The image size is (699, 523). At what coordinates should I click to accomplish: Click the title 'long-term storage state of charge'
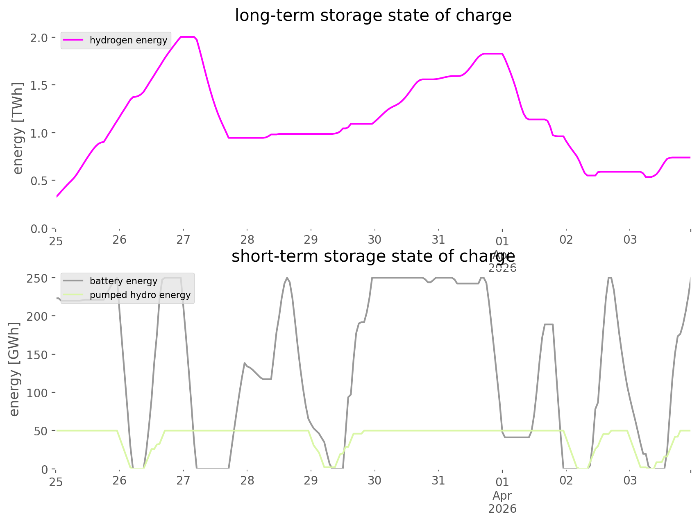373,16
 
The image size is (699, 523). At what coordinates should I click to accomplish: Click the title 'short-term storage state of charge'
373,256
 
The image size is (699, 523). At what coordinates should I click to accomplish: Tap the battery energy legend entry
123,281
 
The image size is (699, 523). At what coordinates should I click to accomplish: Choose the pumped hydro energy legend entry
140,295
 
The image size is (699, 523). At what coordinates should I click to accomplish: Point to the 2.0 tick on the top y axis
39,38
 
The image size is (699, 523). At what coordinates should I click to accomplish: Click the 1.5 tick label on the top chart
39,85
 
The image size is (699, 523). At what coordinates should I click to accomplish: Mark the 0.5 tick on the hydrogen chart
39,181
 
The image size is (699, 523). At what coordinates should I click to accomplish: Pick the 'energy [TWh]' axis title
18,128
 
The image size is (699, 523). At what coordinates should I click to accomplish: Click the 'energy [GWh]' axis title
15,369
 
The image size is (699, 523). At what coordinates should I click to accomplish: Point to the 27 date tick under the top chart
184,240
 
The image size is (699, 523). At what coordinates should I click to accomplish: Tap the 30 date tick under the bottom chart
374,480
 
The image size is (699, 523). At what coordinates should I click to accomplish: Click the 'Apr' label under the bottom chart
502,496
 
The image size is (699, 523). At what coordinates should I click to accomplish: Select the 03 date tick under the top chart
630,240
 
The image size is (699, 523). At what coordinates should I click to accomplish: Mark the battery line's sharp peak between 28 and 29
287,278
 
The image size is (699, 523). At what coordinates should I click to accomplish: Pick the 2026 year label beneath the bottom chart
502,509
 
